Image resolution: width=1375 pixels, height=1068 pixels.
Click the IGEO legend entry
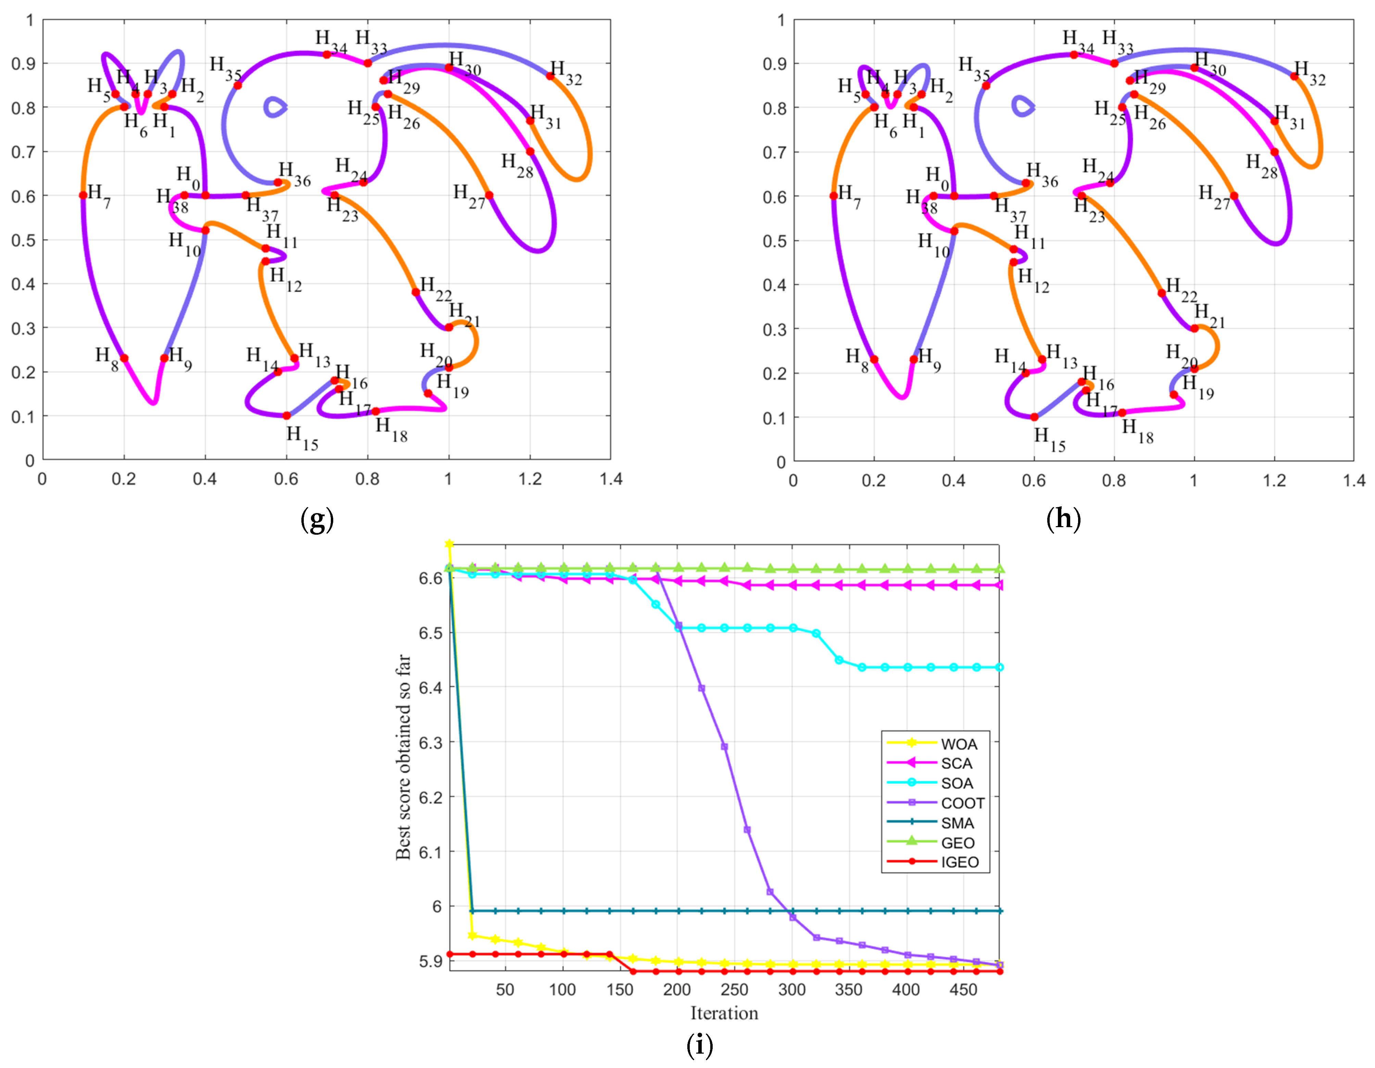tap(959, 862)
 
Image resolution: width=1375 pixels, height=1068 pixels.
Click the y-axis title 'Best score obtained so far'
tap(403, 757)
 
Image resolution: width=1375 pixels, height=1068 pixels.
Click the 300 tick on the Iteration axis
tap(791, 990)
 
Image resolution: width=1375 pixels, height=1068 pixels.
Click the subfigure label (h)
tap(1063, 519)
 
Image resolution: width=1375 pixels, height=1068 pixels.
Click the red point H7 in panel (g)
tap(83, 195)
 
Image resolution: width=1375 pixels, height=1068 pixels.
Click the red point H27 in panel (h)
tap(1234, 196)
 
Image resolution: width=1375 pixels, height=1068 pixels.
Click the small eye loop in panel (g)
tap(275, 107)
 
